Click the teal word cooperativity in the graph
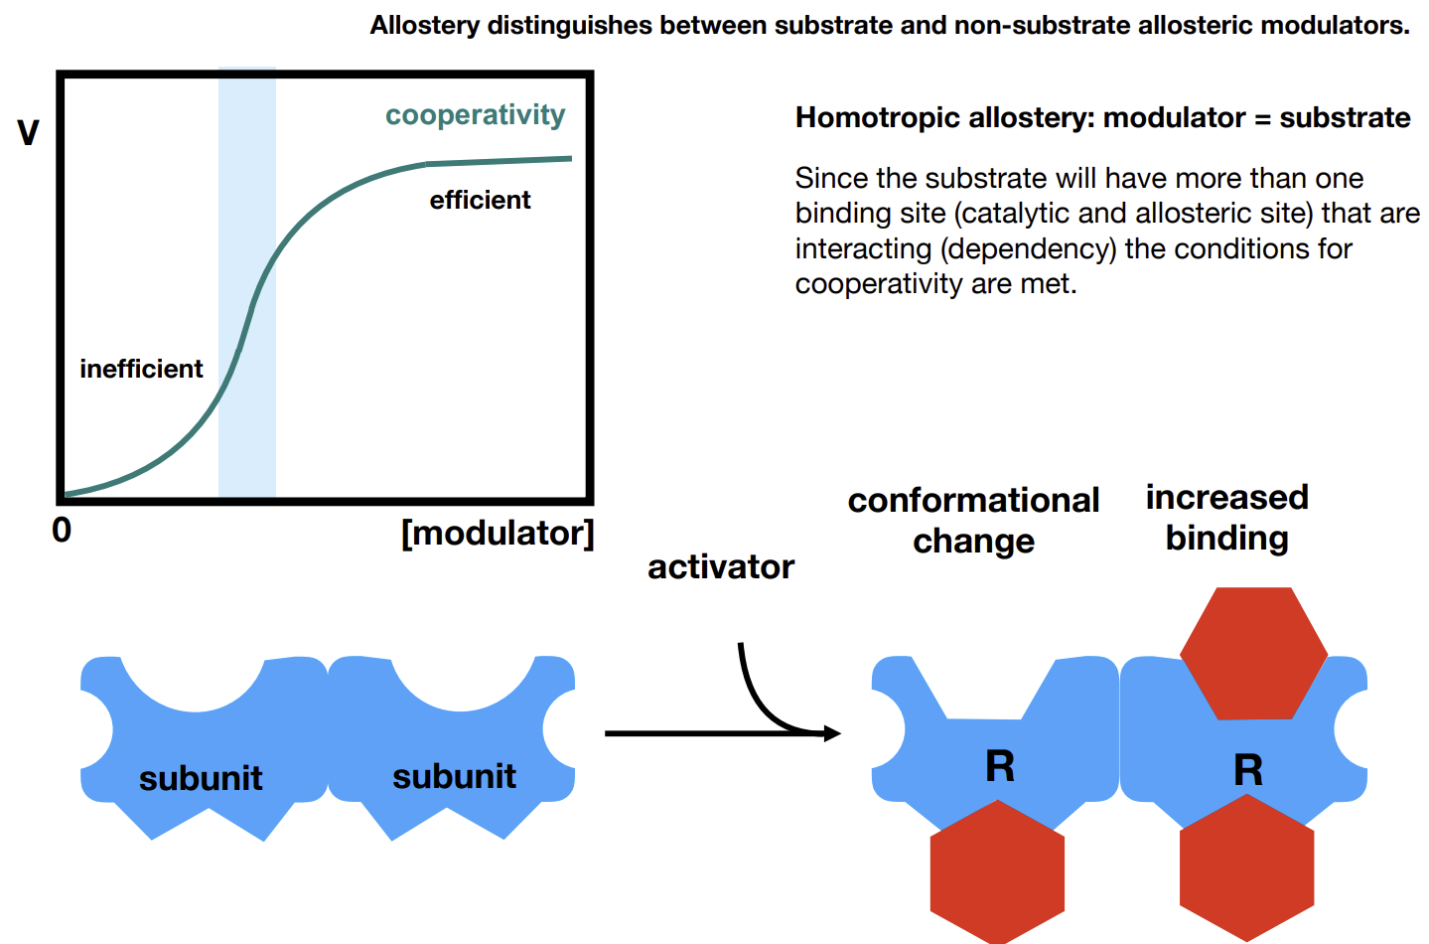[476, 116]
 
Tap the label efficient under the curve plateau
[480, 201]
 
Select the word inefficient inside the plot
[141, 369]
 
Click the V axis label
[28, 133]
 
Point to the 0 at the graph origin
[62, 531]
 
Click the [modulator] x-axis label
[498, 534]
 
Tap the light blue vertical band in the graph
[247, 282]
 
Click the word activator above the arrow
[721, 567]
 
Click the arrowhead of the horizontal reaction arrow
[832, 733]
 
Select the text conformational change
[973, 521]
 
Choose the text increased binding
[1227, 518]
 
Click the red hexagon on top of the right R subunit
[1254, 654]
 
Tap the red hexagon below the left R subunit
[997, 871]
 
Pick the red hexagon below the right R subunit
[1246, 867]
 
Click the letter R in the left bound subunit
[1000, 766]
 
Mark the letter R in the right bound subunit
[1248, 770]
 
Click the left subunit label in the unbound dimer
[201, 779]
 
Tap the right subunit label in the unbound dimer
[454, 777]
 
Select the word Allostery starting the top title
[424, 26]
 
